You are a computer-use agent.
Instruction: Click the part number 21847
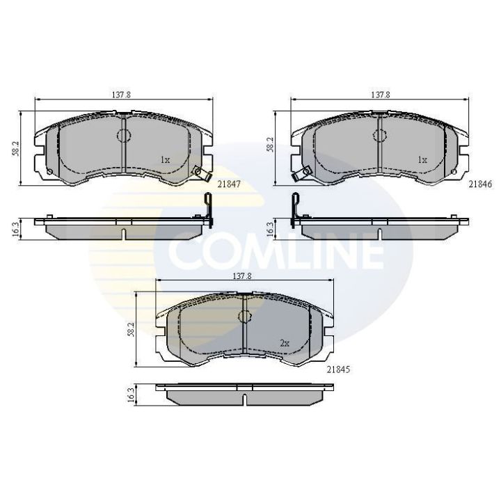click(228, 184)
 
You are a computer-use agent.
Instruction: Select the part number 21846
click(481, 184)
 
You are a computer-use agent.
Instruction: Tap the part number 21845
click(338, 369)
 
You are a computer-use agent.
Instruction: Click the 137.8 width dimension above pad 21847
click(121, 95)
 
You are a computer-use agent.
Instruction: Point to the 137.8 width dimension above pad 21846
click(380, 95)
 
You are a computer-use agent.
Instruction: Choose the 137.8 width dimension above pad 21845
click(242, 276)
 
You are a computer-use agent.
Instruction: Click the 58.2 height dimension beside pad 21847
click(15, 148)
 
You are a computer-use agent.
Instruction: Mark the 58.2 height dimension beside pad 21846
click(271, 145)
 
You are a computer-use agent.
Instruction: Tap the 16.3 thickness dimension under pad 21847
click(15, 229)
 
